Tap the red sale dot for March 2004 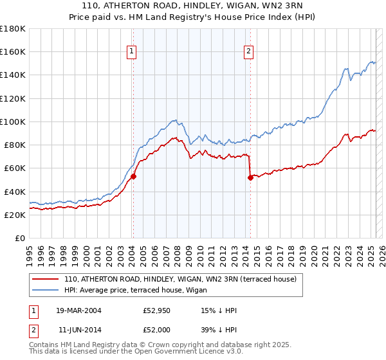click(133, 176)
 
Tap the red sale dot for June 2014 click(250, 177)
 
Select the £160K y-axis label click(13, 51)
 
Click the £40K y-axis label click(15, 192)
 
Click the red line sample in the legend click(45, 279)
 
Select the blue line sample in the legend click(45, 291)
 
